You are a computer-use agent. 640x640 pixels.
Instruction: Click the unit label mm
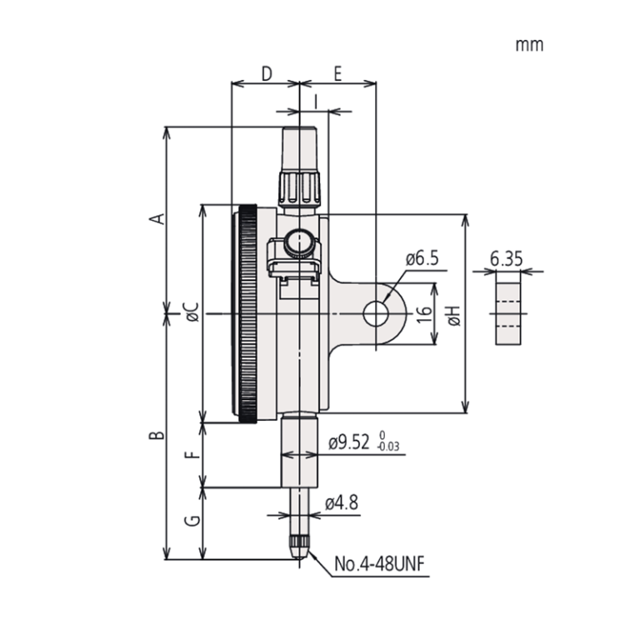point(529,45)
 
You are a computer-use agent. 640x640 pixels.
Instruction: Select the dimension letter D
point(266,73)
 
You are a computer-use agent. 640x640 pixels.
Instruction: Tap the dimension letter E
point(337,73)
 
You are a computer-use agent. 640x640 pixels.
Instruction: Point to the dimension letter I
point(316,100)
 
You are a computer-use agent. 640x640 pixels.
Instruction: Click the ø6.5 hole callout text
point(422,259)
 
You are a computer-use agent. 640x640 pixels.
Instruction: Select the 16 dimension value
point(423,313)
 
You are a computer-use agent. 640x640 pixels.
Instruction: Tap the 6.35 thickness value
point(507,259)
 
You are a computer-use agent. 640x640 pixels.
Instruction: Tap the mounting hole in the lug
point(376,313)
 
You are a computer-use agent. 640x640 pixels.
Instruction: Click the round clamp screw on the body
point(297,243)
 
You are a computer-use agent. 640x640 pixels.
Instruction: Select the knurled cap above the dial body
point(299,188)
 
